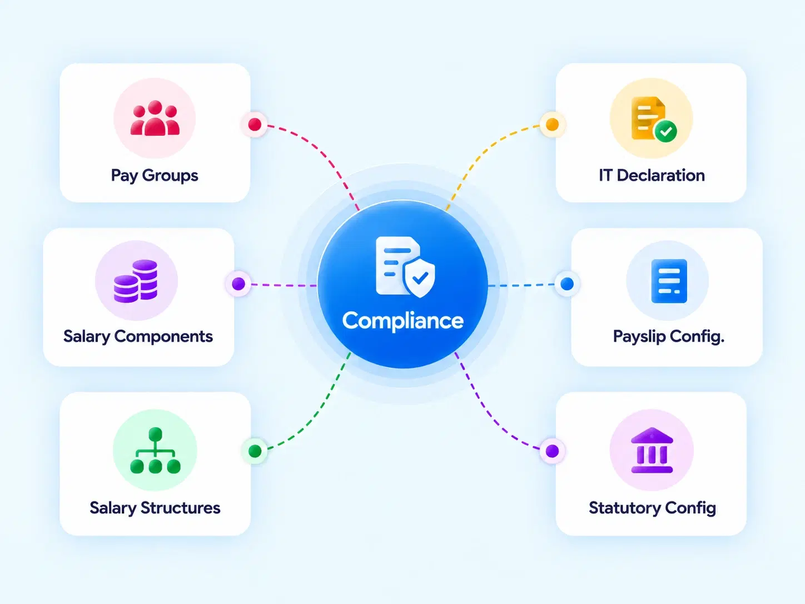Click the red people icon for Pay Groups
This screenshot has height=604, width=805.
pyautogui.click(x=155, y=118)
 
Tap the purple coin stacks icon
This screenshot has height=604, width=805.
pyautogui.click(x=136, y=281)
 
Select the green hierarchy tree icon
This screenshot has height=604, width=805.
pyautogui.click(x=155, y=450)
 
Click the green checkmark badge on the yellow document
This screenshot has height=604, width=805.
pyautogui.click(x=665, y=131)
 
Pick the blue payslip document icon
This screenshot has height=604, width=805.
pyautogui.click(x=669, y=281)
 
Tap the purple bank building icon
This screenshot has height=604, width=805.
pyautogui.click(x=652, y=450)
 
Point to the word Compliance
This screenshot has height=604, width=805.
pyautogui.click(x=402, y=321)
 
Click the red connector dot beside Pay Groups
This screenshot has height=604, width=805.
pyautogui.click(x=255, y=125)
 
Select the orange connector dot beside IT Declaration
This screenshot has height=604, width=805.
pyautogui.click(x=552, y=125)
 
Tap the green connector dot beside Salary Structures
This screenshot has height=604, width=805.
pyautogui.click(x=255, y=450)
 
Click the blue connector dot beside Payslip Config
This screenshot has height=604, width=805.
pyautogui.click(x=567, y=284)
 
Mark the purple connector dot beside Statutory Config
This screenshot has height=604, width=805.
pyautogui.click(x=552, y=450)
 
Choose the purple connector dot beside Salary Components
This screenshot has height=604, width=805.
pyautogui.click(x=238, y=284)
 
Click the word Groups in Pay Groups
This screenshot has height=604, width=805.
pyautogui.click(x=170, y=176)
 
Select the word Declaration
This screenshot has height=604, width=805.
pyautogui.click(x=660, y=175)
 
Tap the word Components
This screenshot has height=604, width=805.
pyautogui.click(x=163, y=336)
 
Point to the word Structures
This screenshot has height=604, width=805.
pyautogui.click(x=180, y=508)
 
